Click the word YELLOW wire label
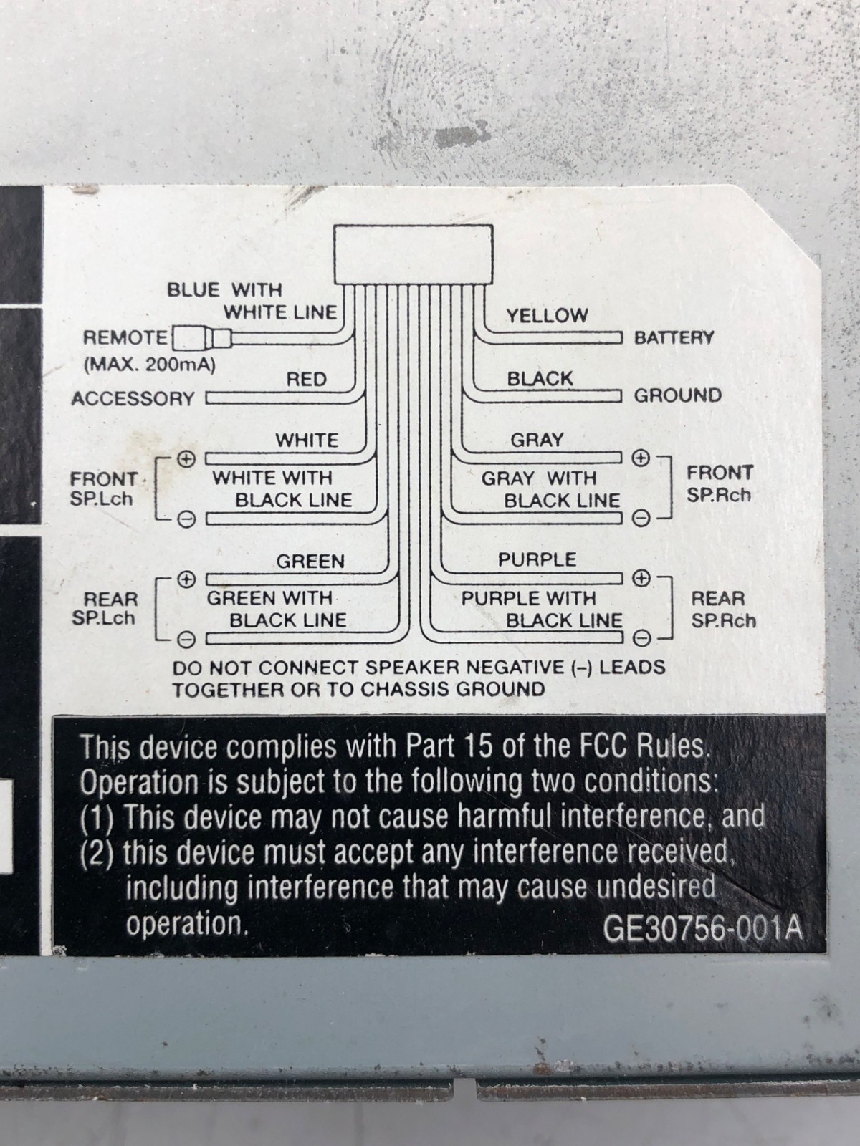coord(547,315)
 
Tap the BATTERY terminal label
coord(674,337)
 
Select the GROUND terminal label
coord(677,395)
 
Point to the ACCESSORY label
coord(133,398)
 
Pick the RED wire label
coord(306,379)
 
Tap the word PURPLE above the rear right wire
coord(537,559)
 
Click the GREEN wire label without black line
coord(310,561)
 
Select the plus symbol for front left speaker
coord(186,458)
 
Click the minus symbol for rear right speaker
coord(643,637)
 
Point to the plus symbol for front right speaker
coord(641,457)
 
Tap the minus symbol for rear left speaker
coord(186,637)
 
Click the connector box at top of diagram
coord(414,255)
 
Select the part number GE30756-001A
coord(702,928)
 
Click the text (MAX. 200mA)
coord(149,364)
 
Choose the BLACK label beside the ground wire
coord(540,378)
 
